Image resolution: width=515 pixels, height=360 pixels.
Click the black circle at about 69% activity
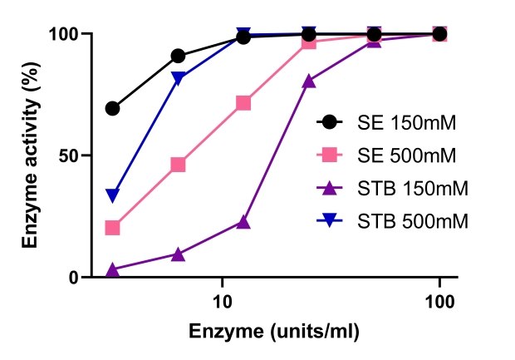112,108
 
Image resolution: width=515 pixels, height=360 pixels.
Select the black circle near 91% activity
178,56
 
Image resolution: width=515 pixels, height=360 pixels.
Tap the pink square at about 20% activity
112,228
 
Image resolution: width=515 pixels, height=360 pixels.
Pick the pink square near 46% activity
178,165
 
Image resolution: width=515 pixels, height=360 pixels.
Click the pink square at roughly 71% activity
243,103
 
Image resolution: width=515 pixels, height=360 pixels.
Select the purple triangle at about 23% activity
243,222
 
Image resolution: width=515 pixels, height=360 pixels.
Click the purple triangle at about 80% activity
309,81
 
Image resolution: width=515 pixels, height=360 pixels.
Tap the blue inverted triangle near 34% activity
112,195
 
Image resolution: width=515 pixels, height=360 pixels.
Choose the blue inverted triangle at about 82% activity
178,79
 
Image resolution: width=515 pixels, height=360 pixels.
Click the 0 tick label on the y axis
72,277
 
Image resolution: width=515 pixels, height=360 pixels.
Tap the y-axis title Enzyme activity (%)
31,156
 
